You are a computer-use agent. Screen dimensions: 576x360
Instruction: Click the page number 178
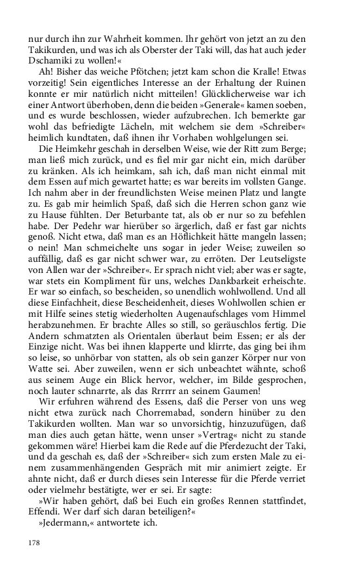pos(35,542)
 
